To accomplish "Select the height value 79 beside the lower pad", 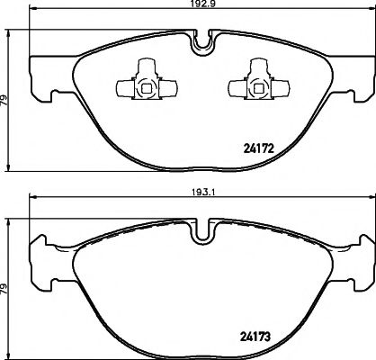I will (6, 292).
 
